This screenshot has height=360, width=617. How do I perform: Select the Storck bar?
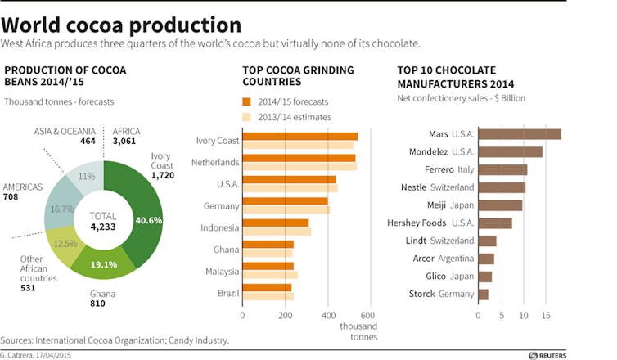click(483, 295)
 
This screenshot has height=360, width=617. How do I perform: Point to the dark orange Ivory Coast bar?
click(299, 137)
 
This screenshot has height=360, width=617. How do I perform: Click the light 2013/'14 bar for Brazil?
click(268, 296)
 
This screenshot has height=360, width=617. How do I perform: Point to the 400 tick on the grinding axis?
click(327, 315)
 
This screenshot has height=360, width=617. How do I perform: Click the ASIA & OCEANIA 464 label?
click(65, 136)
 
